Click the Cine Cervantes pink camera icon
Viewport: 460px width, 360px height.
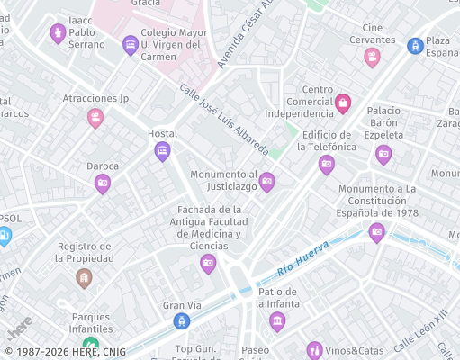pos(372,58)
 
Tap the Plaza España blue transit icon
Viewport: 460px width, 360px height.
pos(415,45)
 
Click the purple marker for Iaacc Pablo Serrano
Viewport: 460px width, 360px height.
pos(58,33)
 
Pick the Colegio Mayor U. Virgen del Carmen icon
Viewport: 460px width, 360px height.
pos(131,44)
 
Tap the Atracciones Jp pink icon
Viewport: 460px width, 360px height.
pos(95,117)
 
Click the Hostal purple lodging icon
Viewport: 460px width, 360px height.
pos(162,150)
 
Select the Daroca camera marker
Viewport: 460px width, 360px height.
pos(103,184)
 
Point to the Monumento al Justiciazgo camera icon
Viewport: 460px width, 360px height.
pos(266,183)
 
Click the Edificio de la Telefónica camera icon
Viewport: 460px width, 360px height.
pos(327,165)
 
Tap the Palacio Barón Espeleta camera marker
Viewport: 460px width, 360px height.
pos(383,154)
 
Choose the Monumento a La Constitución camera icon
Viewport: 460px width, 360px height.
pos(377,232)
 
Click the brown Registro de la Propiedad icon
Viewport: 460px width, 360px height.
pos(84,277)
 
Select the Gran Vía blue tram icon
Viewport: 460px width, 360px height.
pos(183,321)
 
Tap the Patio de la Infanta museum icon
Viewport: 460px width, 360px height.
pos(277,320)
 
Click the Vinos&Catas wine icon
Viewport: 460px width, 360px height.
pos(314,349)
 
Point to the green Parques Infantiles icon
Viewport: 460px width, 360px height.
pos(90,345)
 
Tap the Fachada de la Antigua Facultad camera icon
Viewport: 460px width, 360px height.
pos(208,263)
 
